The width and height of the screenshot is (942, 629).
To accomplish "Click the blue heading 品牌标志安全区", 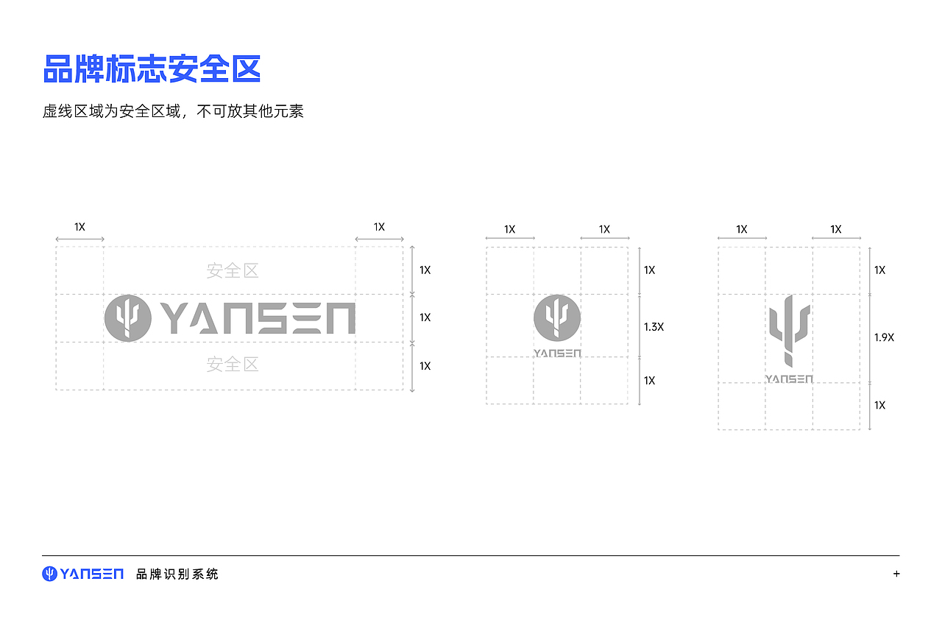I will coord(152,69).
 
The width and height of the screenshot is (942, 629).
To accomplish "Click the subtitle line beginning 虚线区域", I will coord(173,112).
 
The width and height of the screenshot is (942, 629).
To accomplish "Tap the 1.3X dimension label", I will coord(654,326).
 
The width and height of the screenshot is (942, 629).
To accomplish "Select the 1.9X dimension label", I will coord(884,337).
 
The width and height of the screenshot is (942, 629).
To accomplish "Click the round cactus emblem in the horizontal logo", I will coord(128,318).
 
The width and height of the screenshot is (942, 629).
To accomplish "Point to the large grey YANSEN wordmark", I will coord(258,318).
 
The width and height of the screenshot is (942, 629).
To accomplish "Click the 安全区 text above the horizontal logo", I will coord(233,271).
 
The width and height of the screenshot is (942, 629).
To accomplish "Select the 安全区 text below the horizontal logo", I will coord(233,365).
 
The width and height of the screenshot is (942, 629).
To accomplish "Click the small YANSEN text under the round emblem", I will coord(557,354).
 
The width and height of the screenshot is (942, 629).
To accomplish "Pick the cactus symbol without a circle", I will coord(789,330).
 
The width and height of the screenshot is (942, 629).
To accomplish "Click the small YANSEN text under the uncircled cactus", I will coord(789,379).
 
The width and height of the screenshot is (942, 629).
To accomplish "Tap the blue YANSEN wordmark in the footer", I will coord(92,574).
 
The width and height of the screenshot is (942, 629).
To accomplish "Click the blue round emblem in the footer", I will coord(49,574).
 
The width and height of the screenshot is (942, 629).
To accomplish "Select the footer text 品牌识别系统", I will coord(177,574).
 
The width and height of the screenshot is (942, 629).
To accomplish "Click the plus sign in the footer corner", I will coord(896,574).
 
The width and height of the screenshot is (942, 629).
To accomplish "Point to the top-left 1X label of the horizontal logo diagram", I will coord(79,228).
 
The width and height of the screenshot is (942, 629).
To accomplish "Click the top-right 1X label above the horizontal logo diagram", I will coord(379,228).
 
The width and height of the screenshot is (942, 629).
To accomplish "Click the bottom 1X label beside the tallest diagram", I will coord(880,405).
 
